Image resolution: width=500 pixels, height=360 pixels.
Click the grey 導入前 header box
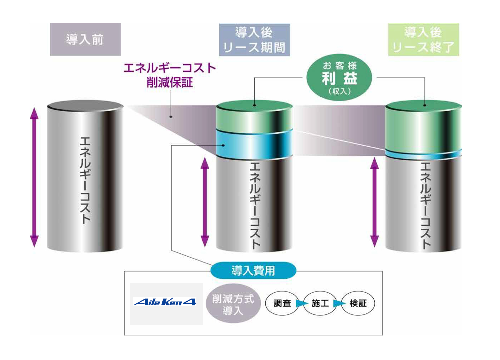click(85, 39)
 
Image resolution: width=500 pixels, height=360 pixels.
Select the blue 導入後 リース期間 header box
click(254, 40)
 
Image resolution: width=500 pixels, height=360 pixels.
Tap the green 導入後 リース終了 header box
click(423, 40)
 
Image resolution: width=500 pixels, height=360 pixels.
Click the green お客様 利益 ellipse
click(339, 77)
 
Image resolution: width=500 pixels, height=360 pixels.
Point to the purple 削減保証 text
click(170, 82)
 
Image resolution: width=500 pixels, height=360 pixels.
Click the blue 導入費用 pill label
click(253, 270)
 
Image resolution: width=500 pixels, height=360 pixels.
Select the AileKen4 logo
click(165, 302)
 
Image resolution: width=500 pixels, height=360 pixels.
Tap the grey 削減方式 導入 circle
click(233, 304)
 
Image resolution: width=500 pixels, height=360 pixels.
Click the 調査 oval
click(282, 303)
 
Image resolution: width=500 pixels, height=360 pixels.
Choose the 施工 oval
click(320, 303)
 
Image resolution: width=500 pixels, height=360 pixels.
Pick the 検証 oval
click(358, 303)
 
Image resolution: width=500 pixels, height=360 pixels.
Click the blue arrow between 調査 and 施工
click(302, 303)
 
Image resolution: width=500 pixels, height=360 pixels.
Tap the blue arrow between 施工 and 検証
click(339, 303)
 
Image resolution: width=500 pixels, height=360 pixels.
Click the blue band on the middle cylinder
click(254, 144)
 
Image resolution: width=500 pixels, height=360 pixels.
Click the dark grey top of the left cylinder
click(85, 106)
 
